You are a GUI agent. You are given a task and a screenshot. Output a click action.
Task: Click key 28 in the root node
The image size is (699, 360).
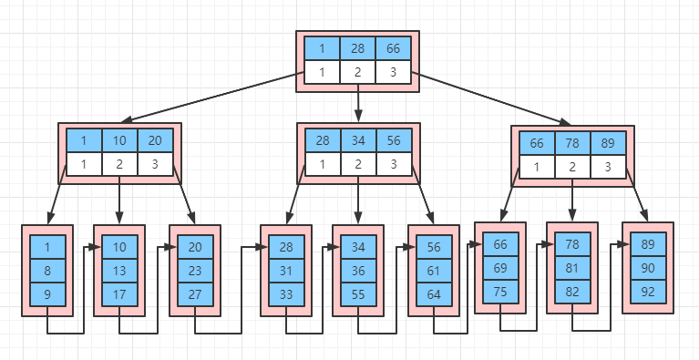[357, 48]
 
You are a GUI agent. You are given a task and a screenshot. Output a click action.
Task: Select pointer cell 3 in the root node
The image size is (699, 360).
[393, 72]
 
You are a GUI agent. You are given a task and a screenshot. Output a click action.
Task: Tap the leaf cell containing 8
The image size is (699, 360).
[47, 271]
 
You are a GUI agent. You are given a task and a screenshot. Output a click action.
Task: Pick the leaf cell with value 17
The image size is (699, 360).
[119, 294]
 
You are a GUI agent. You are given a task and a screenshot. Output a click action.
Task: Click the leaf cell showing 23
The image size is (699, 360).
[195, 271]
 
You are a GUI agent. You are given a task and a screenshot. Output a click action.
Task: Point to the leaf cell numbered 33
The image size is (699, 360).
[286, 294]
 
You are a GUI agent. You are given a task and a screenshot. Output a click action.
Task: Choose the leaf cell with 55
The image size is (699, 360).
[358, 294]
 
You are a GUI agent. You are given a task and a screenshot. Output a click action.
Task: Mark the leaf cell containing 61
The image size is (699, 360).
[434, 271]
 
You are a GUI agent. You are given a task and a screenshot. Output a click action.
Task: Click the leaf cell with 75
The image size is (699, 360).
[500, 292]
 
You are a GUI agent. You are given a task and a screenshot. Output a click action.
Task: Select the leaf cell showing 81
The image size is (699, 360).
[572, 268]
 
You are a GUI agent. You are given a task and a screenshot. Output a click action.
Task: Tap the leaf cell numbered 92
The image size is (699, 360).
[648, 292]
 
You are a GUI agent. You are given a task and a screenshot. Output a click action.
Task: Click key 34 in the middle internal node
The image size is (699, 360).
[358, 140]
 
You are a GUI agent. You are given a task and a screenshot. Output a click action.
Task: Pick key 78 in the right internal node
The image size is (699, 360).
[572, 143]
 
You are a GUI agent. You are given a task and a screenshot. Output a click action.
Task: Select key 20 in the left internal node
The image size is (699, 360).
[155, 140]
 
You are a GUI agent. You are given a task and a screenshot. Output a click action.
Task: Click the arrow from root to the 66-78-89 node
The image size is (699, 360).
[494, 99]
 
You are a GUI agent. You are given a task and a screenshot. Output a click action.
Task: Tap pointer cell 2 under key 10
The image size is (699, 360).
[119, 164]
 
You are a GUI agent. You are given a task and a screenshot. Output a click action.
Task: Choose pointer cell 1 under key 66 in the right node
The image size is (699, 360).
[537, 167]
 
